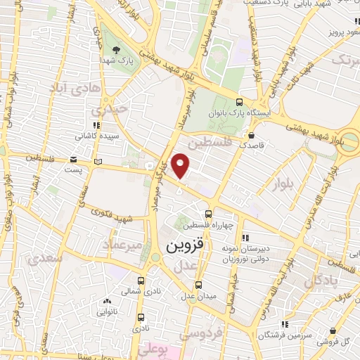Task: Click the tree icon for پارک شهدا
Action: (115, 49)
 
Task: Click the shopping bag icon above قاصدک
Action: (252, 136)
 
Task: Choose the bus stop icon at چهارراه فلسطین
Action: (207, 214)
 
